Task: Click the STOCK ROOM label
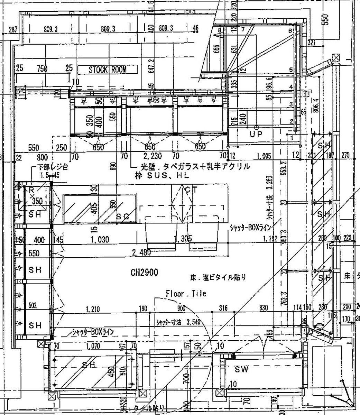tap(108, 70)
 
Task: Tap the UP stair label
tap(256, 134)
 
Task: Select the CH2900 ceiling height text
tap(144, 273)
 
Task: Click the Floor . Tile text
tap(186, 294)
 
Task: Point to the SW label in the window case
tap(242, 369)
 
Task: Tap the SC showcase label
tap(123, 216)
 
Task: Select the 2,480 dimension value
tap(141, 252)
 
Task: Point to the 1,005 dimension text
tap(264, 157)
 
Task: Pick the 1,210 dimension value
tap(92, 309)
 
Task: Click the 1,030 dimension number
tap(100, 239)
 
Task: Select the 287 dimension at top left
tap(13, 30)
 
